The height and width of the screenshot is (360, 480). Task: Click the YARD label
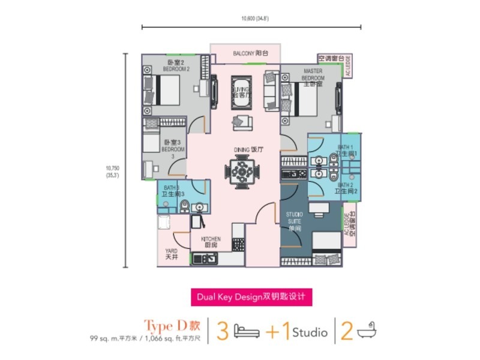172,254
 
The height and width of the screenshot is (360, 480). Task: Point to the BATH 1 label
346,150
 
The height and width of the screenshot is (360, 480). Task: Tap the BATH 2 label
346,188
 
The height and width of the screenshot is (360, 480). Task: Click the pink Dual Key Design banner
252,296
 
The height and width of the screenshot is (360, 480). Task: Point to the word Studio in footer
310,332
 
